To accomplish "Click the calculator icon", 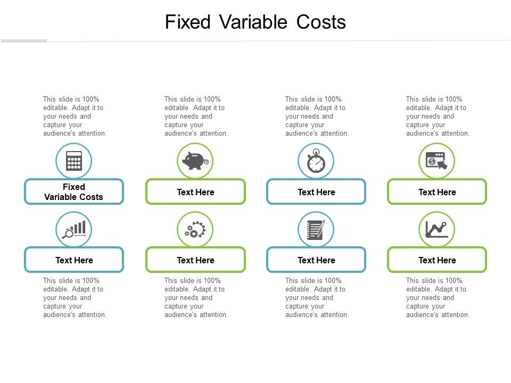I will click(x=74, y=161).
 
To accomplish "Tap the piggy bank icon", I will click(x=195, y=161).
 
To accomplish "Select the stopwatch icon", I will click(x=316, y=161).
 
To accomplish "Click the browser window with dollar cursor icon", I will click(x=437, y=161).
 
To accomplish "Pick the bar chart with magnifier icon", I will click(x=74, y=229).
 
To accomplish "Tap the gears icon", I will click(x=195, y=229).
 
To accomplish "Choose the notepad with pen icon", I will click(x=316, y=229).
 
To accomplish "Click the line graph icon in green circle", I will click(x=437, y=229).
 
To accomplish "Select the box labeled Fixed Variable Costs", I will click(x=74, y=192).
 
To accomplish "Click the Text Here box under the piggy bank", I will click(x=195, y=192).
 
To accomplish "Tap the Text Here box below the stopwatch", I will click(x=316, y=192).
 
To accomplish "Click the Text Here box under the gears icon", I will click(x=195, y=260).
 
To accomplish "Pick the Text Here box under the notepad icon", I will click(x=316, y=260).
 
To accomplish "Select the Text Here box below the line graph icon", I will click(x=437, y=260).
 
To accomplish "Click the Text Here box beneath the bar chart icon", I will click(x=74, y=260).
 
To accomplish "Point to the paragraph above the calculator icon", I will click(x=75, y=116).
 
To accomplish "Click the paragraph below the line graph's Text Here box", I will click(x=438, y=298).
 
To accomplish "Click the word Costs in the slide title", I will click(x=318, y=22).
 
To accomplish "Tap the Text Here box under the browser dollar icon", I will click(x=437, y=192).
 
